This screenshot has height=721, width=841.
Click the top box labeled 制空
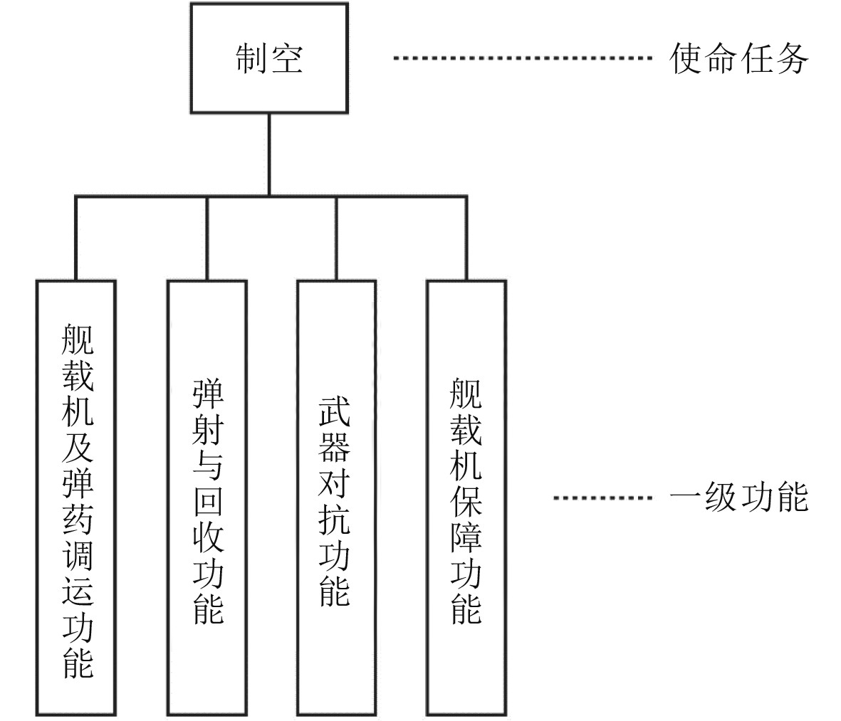tap(269, 58)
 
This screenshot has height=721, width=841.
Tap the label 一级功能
tap(739, 497)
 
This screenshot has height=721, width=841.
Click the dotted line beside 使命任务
tap(523, 58)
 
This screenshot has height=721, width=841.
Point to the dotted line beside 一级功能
tap(602, 497)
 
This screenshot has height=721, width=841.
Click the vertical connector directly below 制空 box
tap(269, 153)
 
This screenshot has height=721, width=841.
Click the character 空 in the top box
tap(286, 58)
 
